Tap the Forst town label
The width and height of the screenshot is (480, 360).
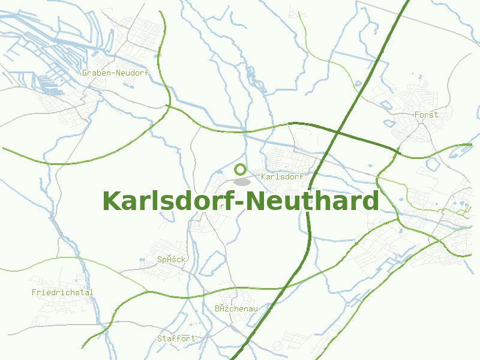(427, 115)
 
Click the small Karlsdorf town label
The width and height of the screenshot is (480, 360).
(282, 177)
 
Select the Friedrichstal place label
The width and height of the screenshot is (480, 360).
(62, 293)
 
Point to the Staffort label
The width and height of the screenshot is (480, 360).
(176, 338)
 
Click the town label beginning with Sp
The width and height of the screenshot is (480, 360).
(172, 260)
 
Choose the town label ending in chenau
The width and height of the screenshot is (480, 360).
(236, 308)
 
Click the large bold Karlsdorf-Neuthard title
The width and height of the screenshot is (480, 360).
(241, 201)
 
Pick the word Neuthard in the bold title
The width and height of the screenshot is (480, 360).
(316, 201)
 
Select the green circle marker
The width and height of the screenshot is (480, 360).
(241, 169)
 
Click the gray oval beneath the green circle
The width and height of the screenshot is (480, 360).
(242, 181)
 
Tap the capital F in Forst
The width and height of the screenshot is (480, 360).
(417, 115)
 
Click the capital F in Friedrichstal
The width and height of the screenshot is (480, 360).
(34, 293)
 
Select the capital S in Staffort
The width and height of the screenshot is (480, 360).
(160, 338)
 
